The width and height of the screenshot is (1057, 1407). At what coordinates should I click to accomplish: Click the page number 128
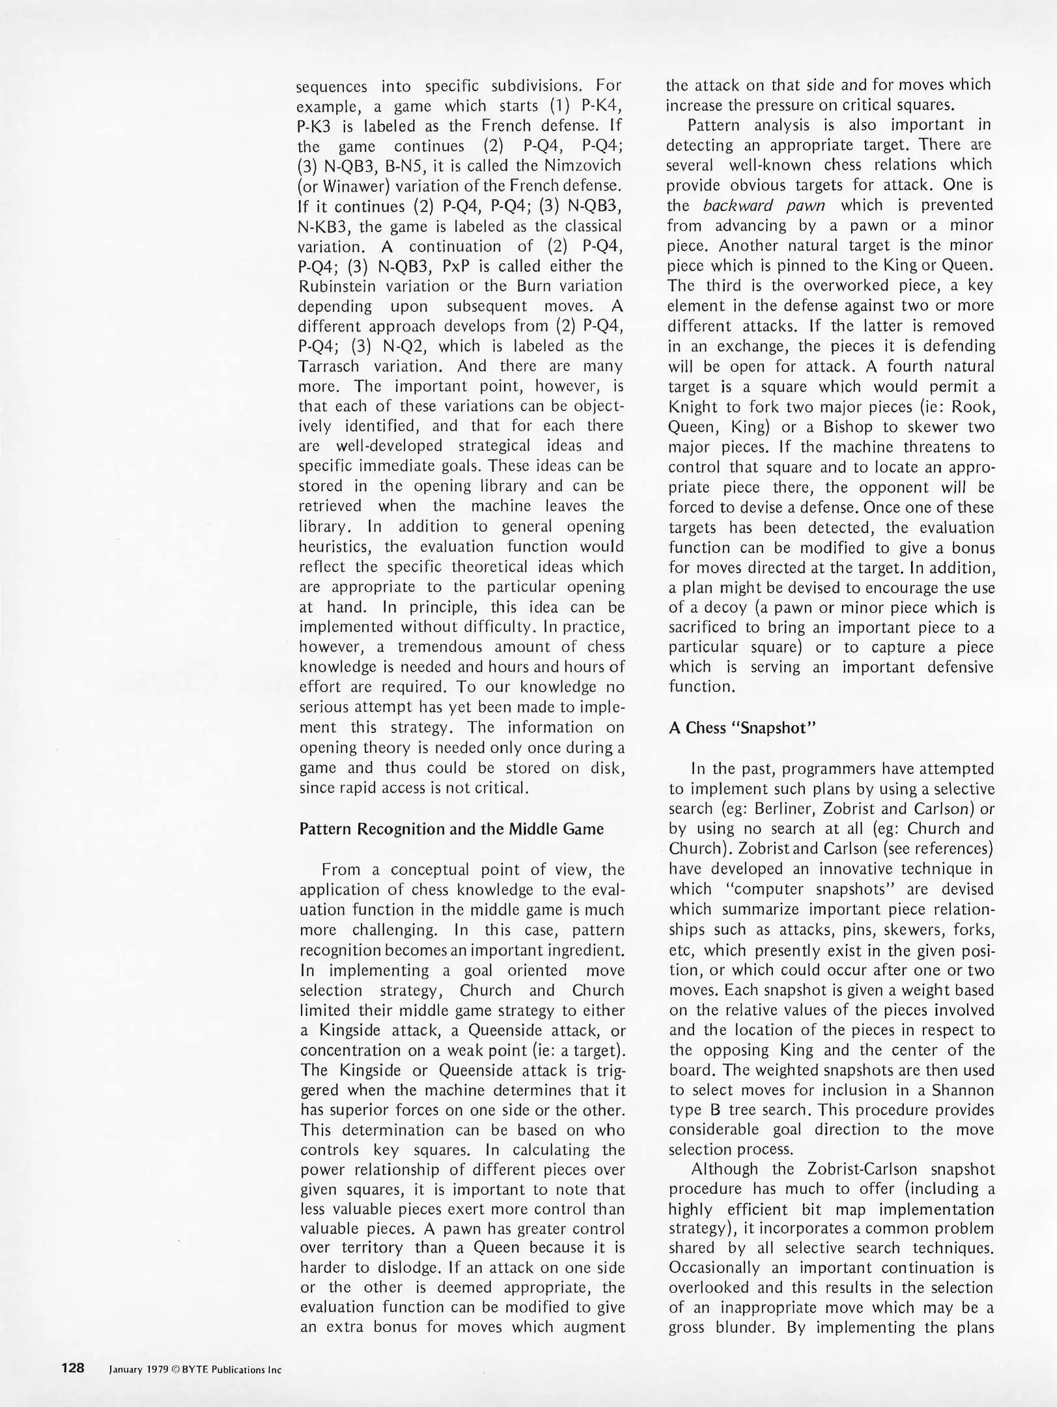tap(73, 1368)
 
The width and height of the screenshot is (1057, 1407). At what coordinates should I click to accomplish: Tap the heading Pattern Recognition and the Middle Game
tap(451, 829)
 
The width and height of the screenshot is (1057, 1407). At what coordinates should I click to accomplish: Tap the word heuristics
tap(330, 546)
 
